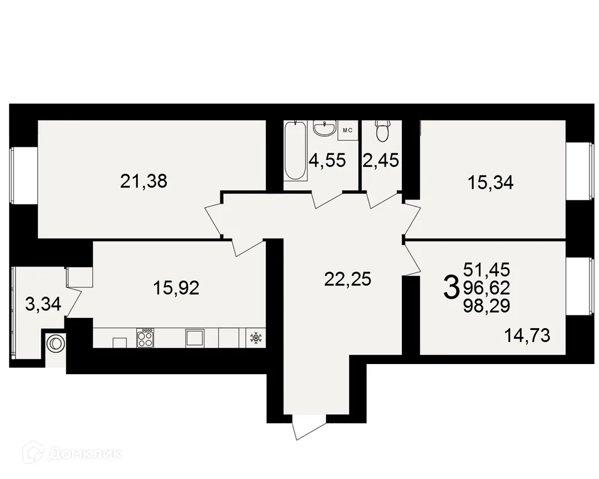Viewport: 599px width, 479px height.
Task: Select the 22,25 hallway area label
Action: point(347,279)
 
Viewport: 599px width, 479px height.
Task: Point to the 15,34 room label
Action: point(491,183)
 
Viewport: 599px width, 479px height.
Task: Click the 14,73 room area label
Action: point(527,336)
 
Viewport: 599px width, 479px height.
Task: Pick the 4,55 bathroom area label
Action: point(328,160)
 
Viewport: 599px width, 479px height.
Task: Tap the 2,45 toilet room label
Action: point(381,160)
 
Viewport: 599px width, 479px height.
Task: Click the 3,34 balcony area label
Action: point(43,304)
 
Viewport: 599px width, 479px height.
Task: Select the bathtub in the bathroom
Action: point(296,150)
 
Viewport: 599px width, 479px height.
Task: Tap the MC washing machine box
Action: point(347,131)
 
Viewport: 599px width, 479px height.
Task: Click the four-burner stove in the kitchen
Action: point(145,338)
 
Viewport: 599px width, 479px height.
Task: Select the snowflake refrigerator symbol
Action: point(255,338)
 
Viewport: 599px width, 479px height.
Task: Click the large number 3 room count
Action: point(451,289)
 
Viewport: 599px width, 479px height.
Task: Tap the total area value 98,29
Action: point(486,306)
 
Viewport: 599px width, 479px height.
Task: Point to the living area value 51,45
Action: point(486,269)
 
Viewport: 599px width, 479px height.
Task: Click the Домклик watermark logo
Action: point(72,453)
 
